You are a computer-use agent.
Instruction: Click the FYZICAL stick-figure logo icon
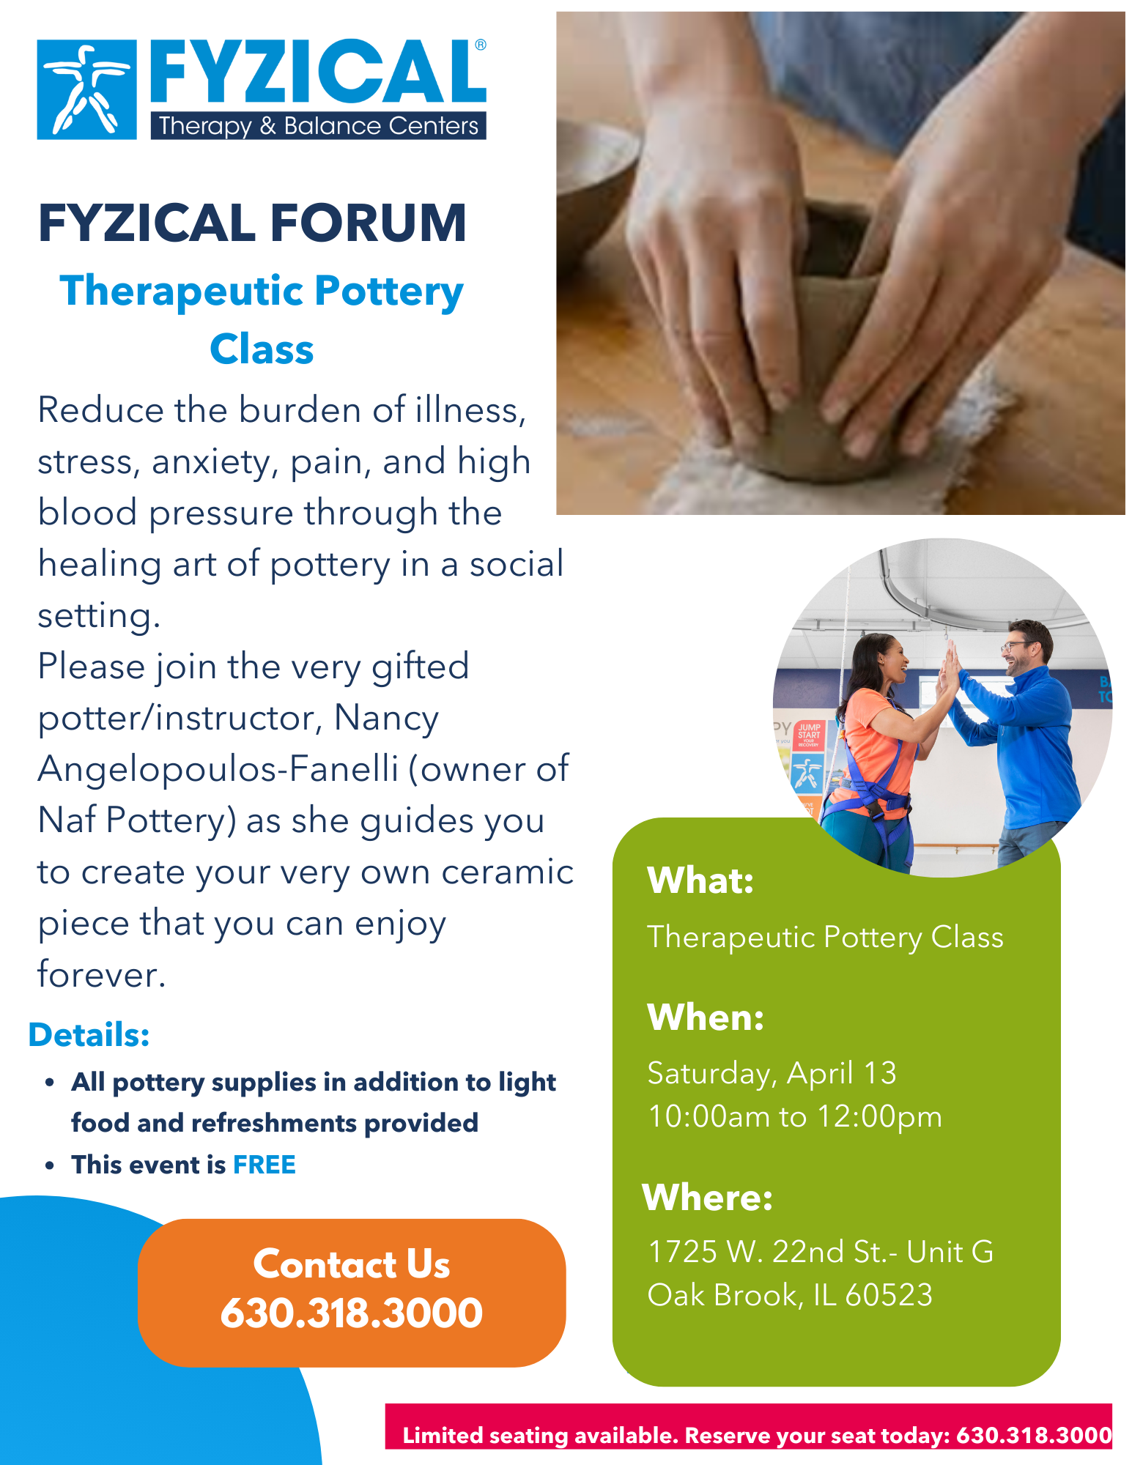(86, 89)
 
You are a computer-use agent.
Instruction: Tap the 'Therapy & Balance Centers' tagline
(319, 126)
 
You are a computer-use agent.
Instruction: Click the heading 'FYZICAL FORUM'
(252, 223)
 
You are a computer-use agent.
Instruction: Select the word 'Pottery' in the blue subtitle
(389, 292)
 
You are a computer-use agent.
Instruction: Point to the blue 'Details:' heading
(89, 1035)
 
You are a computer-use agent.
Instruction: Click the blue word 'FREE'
(264, 1165)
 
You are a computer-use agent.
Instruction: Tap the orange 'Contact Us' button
(352, 1292)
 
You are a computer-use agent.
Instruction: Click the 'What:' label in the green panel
(700, 880)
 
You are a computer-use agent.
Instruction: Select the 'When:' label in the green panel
(706, 1017)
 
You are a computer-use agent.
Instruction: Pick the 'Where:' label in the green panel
(708, 1198)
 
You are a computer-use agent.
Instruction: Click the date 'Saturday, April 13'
(772, 1074)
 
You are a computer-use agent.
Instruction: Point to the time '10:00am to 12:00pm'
(795, 1117)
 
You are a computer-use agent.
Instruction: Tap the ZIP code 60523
(889, 1295)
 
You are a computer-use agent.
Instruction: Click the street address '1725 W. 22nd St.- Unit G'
(821, 1252)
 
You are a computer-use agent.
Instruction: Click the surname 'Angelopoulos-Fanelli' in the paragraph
(218, 769)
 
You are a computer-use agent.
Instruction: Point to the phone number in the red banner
(1034, 1435)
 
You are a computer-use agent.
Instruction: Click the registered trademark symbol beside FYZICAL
(481, 45)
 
